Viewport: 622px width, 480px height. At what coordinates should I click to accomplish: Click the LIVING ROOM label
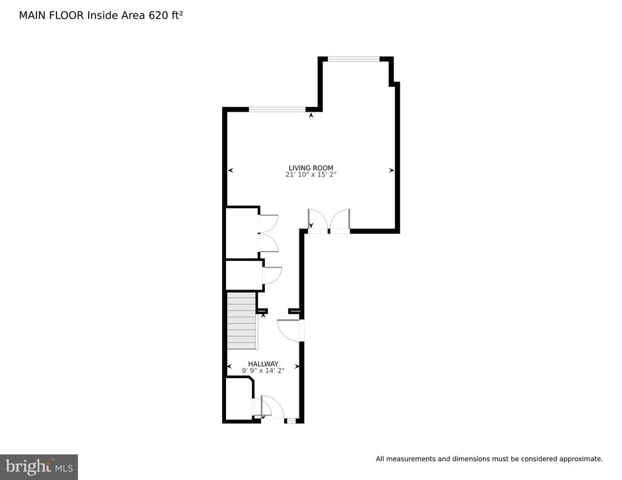(310, 167)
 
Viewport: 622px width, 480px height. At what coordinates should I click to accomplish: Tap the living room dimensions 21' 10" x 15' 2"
(310, 174)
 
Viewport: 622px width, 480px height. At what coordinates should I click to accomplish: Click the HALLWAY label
(263, 364)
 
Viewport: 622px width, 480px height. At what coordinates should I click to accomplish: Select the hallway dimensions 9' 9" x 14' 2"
(263, 371)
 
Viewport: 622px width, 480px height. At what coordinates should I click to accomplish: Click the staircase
(241, 321)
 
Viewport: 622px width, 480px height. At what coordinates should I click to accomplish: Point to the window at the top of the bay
(354, 59)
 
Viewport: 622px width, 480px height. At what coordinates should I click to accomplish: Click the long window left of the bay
(277, 109)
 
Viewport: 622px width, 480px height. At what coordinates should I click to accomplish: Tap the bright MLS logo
(39, 467)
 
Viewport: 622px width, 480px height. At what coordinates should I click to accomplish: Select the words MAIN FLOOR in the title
(51, 15)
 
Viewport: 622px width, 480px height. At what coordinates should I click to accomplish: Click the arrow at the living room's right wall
(392, 171)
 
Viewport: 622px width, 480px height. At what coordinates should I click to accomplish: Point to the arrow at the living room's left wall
(230, 171)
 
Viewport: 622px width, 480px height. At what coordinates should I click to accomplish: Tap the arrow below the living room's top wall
(311, 115)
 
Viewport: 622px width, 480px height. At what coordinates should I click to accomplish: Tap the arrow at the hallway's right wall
(298, 367)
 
